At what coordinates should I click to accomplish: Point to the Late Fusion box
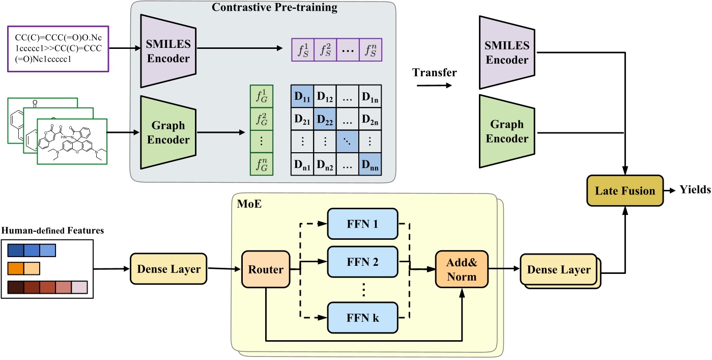624,191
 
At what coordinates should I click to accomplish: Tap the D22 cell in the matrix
324,121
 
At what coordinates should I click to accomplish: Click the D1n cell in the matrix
370,96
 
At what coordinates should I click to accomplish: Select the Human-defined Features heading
52,231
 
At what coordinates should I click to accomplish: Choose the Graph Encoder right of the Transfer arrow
506,131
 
